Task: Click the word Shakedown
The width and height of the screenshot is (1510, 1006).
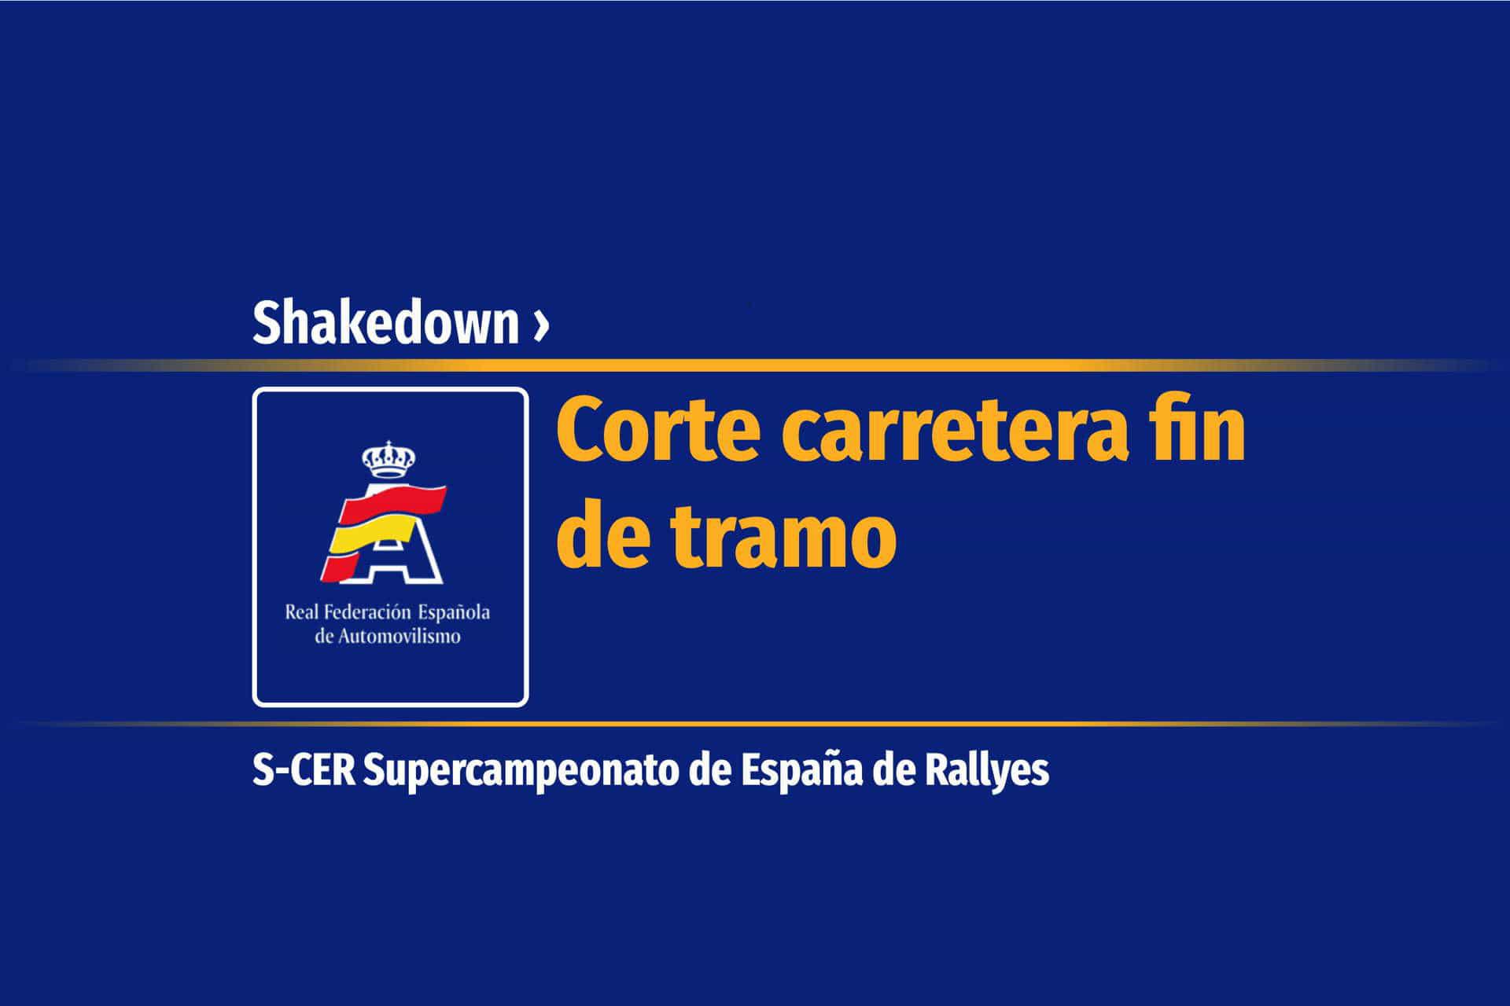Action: click(385, 322)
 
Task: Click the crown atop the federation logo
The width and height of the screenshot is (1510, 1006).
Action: click(388, 460)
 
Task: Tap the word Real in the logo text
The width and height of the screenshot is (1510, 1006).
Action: click(301, 612)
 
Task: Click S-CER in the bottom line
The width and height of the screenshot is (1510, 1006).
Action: click(304, 771)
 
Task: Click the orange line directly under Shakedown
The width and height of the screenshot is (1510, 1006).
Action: click(755, 365)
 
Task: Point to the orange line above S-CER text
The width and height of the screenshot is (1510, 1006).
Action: click(755, 723)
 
